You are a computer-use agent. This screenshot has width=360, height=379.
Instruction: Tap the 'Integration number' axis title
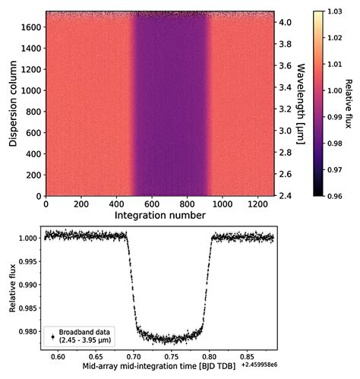(x=159, y=216)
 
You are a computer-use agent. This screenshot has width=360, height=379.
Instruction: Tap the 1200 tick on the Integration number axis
(x=254, y=204)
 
